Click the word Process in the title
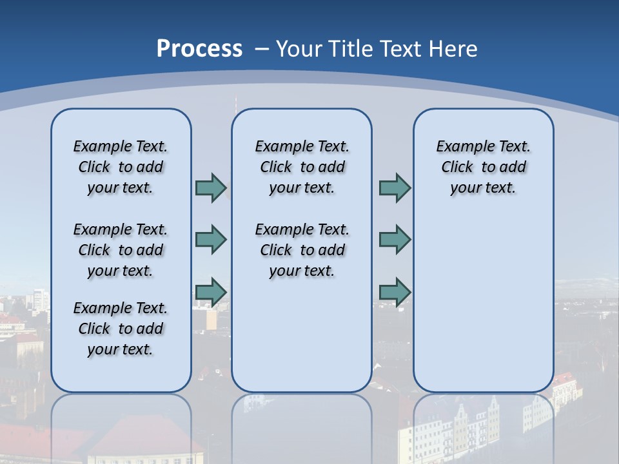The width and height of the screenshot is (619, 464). tap(199, 49)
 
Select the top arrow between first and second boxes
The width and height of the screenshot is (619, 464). tap(211, 188)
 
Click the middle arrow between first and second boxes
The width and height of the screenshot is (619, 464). tap(211, 240)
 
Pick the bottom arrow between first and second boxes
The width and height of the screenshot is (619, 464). tap(211, 292)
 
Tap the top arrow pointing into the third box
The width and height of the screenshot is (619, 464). tap(395, 188)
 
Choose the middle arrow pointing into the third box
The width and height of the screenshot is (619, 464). tap(395, 240)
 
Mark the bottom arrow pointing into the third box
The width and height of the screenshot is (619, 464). tap(395, 292)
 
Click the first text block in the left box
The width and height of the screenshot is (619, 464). tap(121, 167)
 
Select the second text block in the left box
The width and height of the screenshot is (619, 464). tap(121, 250)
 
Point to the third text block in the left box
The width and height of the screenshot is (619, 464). tap(121, 329)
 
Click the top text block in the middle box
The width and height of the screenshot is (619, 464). tap(302, 167)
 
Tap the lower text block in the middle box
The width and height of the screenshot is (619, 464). tap(302, 250)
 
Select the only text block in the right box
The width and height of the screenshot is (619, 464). tap(483, 167)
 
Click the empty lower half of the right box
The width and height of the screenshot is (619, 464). tap(483, 309)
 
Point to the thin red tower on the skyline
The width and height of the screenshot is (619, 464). tap(235, 103)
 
